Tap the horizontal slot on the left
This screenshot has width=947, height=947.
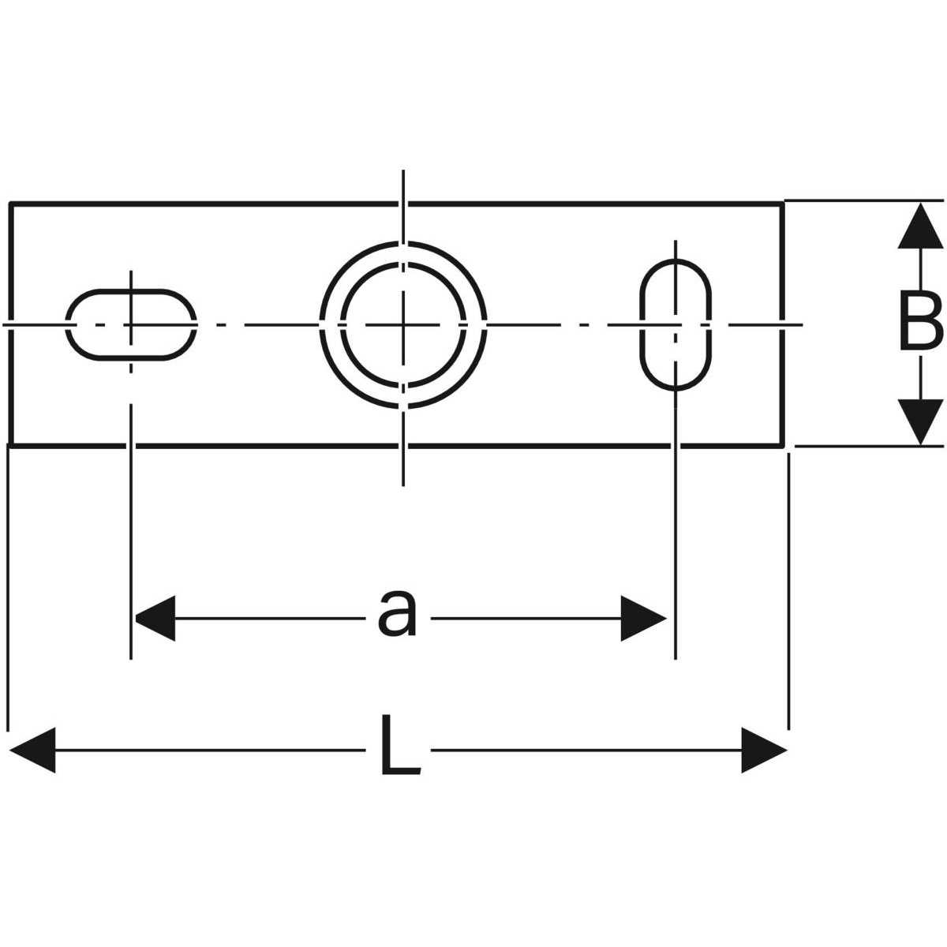[x=131, y=324]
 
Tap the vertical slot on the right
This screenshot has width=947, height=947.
[x=675, y=324]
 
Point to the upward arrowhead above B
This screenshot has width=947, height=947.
[x=921, y=226]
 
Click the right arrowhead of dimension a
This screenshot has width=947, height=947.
[x=644, y=617]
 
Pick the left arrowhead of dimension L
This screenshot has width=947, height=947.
[x=32, y=748]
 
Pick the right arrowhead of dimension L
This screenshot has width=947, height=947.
[x=764, y=748]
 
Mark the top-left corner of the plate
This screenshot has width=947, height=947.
[x=11, y=204]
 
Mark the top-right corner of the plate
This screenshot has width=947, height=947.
[x=783, y=204]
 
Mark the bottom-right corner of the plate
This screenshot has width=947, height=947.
[x=783, y=445]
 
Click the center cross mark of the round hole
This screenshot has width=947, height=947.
[x=403, y=324]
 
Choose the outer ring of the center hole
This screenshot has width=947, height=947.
[x=403, y=245]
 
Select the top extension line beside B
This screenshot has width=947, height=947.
[x=864, y=200]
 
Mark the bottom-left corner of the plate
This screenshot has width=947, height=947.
[x=11, y=445]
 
